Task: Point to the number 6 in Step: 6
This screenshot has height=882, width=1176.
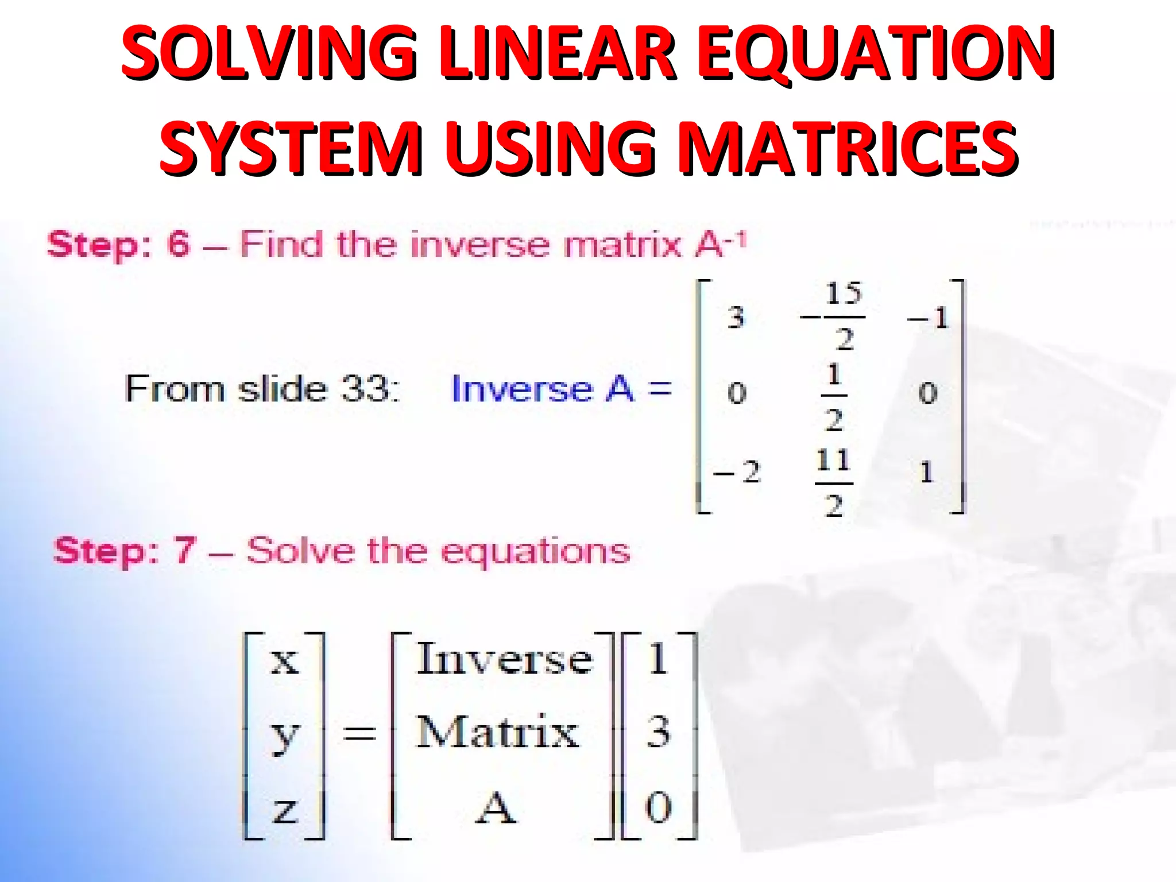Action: tap(178, 244)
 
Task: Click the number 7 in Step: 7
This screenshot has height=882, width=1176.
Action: tap(185, 550)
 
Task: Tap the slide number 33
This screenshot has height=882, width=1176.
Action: tap(366, 389)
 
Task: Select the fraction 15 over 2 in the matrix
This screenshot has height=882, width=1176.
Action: tap(843, 316)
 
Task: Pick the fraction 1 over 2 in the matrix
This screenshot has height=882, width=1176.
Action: tap(834, 396)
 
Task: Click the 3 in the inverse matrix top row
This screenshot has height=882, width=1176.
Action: tap(736, 318)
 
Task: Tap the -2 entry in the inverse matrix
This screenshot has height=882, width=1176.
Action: tap(737, 473)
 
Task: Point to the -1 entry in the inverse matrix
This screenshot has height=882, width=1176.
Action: tap(929, 318)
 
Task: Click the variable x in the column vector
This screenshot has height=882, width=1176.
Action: tap(284, 660)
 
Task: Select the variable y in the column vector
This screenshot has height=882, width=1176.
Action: tap(284, 735)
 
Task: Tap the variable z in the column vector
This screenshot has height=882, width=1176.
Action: tap(285, 810)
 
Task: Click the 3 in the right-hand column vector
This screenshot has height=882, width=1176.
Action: tap(658, 732)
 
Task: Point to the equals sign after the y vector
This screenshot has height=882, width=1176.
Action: tap(359, 733)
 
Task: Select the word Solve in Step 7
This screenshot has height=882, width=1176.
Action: tap(300, 551)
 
